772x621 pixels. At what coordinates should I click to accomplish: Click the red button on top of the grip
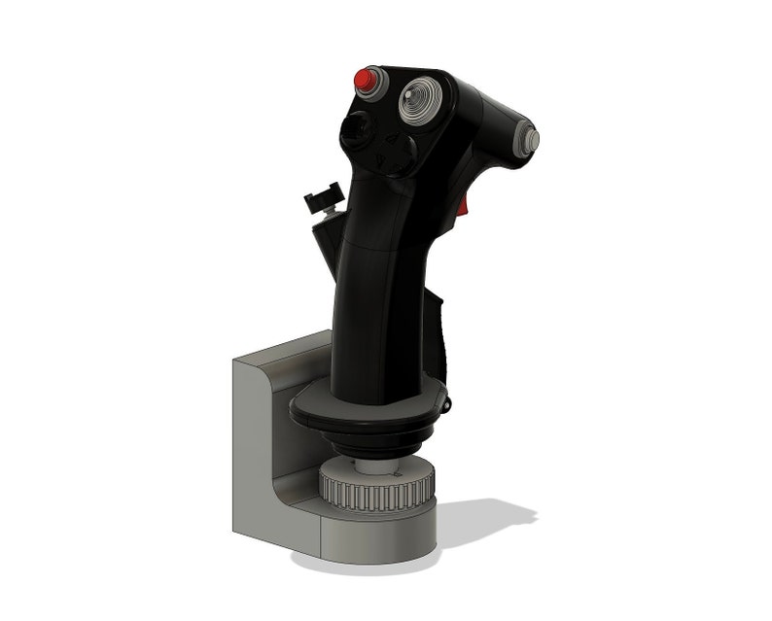tap(367, 79)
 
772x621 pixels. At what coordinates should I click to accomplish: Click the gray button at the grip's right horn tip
tap(531, 139)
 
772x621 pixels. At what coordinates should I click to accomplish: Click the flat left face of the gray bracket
tap(250, 447)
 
